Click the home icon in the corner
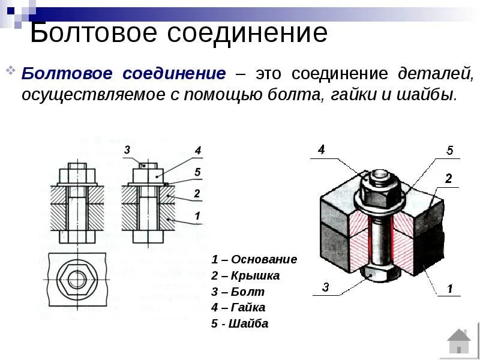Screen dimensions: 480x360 pyautogui.click(x=459, y=341)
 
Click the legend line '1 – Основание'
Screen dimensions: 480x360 pyautogui.click(x=254, y=260)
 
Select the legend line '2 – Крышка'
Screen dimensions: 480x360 pyautogui.click(x=245, y=276)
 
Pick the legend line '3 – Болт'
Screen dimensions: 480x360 pyautogui.click(x=238, y=292)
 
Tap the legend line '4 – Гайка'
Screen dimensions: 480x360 pyautogui.click(x=238, y=308)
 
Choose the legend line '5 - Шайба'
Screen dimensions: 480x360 pyautogui.click(x=239, y=324)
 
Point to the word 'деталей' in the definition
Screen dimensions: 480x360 pyautogui.click(x=435, y=74)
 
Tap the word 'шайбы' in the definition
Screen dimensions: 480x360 pyautogui.click(x=429, y=95)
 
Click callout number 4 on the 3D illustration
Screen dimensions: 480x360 pyautogui.click(x=322, y=149)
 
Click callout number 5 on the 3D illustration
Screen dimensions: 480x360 pyautogui.click(x=450, y=151)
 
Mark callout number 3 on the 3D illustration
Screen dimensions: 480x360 pyautogui.click(x=325, y=287)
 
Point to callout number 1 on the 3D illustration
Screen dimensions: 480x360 pyautogui.click(x=449, y=289)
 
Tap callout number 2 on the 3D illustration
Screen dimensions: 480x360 pyautogui.click(x=448, y=178)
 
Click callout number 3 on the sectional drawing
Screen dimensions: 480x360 pyautogui.click(x=127, y=149)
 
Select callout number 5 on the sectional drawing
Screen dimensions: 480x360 pyautogui.click(x=197, y=173)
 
